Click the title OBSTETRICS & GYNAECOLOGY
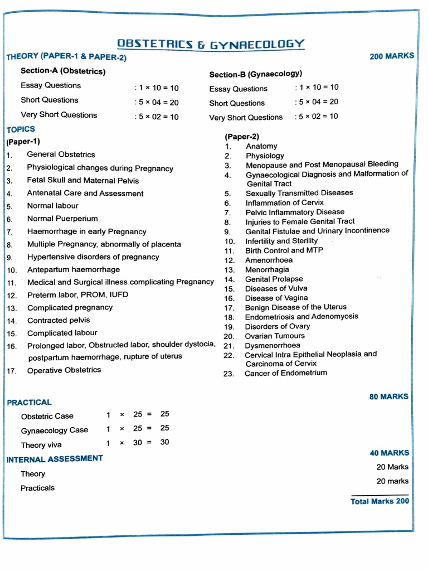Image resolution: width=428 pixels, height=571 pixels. point(211,44)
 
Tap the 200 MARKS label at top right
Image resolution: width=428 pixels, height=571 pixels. point(392,56)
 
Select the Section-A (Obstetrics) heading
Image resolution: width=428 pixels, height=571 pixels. point(63,71)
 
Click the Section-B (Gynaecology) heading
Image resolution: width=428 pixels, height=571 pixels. point(256,74)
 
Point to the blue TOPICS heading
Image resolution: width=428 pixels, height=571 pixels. point(21,129)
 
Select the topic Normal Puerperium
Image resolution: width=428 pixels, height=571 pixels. point(62,219)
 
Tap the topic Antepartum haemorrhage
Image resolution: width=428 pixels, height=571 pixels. point(74,269)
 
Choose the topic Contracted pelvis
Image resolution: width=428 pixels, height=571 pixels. point(59,320)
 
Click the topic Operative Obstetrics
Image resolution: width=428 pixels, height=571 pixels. point(64,370)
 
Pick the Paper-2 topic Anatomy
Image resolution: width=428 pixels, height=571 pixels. point(261,146)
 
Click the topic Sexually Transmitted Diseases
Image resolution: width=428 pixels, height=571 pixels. point(299,193)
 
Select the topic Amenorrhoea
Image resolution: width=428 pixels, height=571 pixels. point(269,260)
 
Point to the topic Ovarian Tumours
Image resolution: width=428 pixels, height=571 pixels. point(275,336)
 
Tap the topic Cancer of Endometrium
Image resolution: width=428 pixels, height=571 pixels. point(286,373)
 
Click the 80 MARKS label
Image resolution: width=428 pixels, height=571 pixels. point(388,396)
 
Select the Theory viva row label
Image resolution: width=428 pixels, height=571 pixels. point(41,445)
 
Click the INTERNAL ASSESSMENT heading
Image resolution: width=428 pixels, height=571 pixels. point(55,459)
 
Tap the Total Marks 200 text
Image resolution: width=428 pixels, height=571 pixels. point(380,501)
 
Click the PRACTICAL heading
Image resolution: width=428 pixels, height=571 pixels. point(29,402)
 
